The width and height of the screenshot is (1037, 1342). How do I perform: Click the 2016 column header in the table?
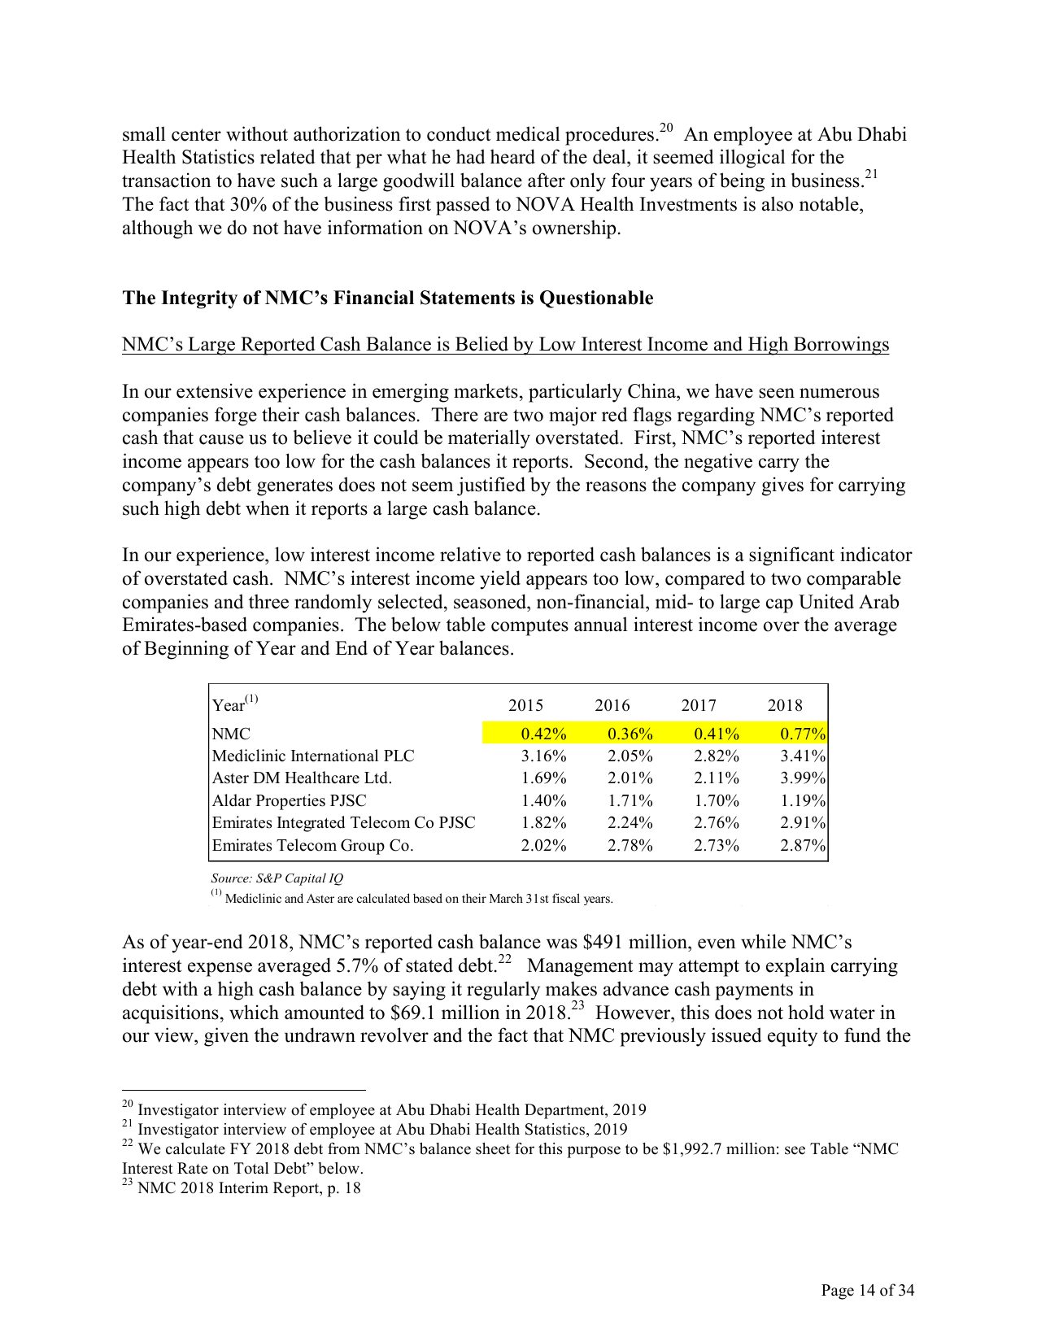pos(612,705)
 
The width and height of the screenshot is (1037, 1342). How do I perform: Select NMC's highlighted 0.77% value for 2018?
pos(803,734)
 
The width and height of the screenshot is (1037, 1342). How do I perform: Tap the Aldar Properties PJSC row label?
pos(289,800)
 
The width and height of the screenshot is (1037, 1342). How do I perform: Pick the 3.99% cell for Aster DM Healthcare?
pos(803,778)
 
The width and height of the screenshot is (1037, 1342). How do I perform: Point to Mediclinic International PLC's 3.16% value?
pos(543,756)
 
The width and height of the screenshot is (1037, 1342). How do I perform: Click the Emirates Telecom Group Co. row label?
pos(312,845)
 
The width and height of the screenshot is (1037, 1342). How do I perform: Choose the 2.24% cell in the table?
pos(630,823)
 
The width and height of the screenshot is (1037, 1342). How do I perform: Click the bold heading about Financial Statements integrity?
pos(387,298)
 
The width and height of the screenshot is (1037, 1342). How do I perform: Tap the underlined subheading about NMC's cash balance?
pos(505,345)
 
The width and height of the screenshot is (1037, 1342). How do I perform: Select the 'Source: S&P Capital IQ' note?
pos(277,878)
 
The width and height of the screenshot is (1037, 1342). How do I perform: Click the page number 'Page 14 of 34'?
pos(867,1290)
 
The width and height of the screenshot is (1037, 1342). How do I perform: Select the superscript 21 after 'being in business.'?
pos(871,175)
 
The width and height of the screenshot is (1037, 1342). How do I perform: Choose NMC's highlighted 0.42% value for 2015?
pos(543,734)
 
